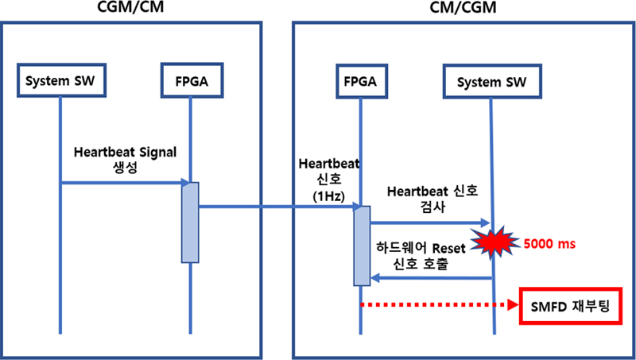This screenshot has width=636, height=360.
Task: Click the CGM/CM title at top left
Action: pos(133,9)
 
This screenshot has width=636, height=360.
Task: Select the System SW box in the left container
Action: pos(60,80)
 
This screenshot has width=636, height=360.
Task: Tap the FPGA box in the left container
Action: pos(190,80)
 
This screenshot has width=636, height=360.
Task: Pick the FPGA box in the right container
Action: pos(361,80)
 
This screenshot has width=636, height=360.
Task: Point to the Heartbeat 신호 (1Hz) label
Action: pos(329,177)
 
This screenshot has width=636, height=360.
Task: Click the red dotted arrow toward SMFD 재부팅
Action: pos(437,304)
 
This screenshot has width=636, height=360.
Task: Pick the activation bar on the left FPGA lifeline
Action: pos(190,222)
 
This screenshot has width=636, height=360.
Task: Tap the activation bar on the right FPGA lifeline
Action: pos(361,246)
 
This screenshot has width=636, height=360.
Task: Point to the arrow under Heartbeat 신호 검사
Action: pos(429,223)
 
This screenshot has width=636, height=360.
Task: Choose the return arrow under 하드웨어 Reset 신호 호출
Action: pos(429,278)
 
